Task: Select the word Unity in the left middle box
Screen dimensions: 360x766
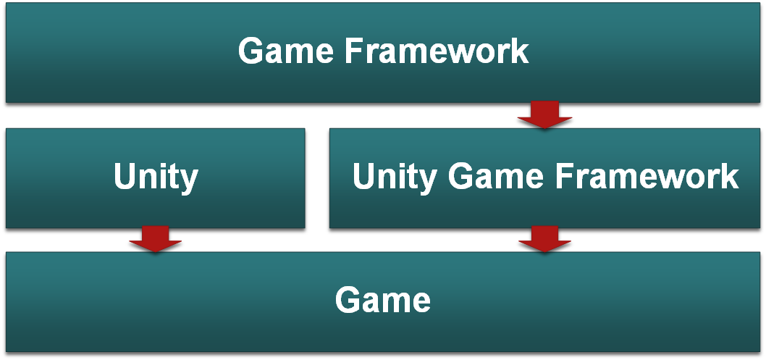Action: [156, 177]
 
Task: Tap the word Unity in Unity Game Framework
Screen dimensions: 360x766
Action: [395, 177]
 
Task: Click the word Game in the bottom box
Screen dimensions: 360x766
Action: [382, 299]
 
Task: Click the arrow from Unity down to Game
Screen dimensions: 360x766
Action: [155, 239]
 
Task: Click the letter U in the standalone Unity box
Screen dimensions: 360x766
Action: [125, 177]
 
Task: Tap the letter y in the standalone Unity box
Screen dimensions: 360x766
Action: [189, 180]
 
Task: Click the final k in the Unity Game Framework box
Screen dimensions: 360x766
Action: [729, 177]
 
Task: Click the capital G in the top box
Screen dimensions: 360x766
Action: [251, 51]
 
